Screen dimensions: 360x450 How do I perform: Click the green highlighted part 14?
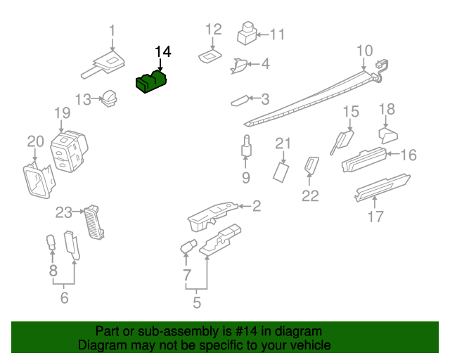(x=151, y=82)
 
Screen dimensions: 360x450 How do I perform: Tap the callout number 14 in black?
(x=162, y=52)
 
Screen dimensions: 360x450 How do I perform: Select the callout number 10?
(x=364, y=51)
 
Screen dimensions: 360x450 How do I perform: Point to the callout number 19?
(x=62, y=112)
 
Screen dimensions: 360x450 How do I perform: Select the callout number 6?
(x=64, y=298)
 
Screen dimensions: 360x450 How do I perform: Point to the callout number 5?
(x=197, y=303)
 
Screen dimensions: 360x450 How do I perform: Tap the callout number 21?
(x=283, y=144)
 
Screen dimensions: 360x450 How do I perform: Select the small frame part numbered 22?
(x=310, y=166)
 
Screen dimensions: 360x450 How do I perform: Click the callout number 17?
(x=376, y=217)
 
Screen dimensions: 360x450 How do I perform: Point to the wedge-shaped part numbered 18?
(x=387, y=134)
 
